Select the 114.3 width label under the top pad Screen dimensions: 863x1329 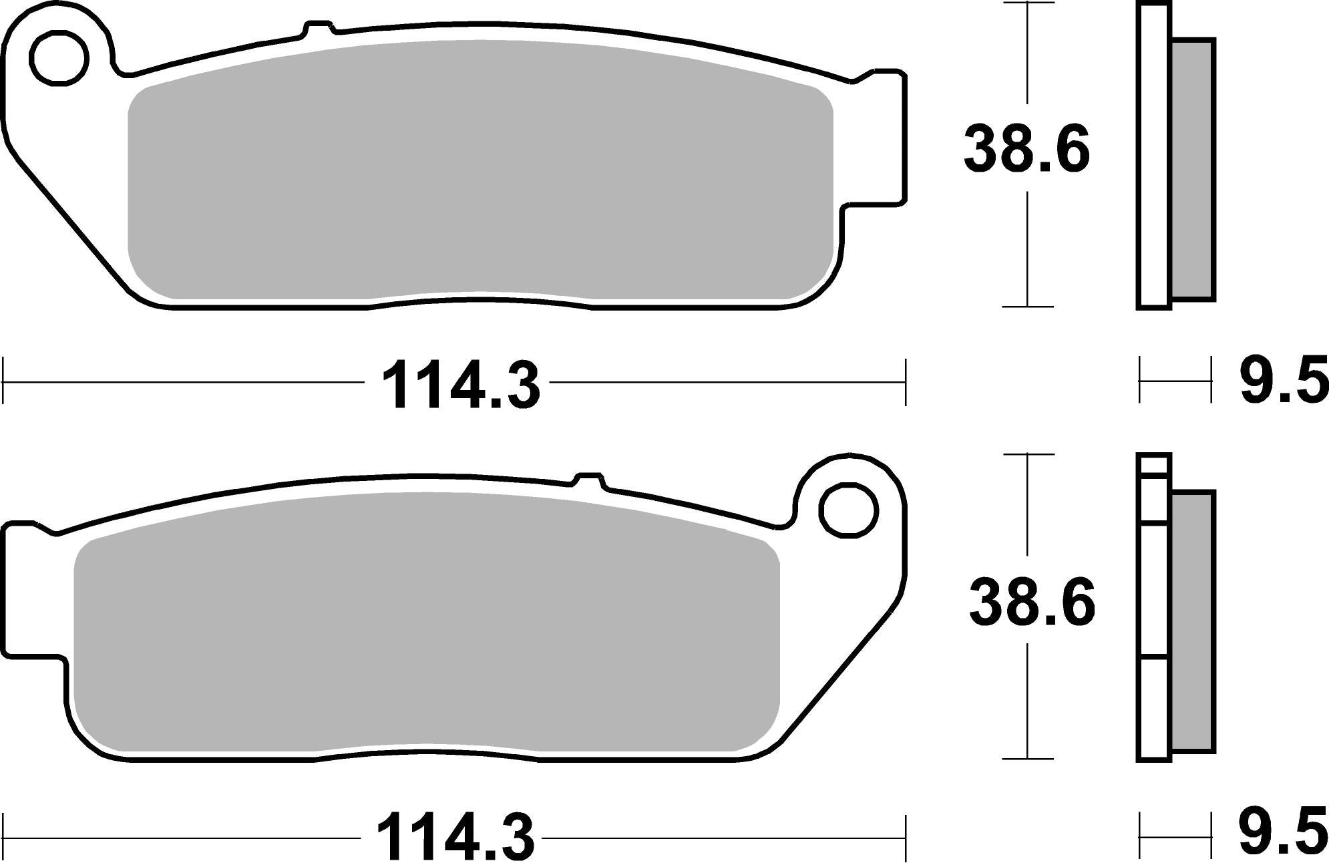[460, 385]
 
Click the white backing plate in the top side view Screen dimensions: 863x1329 [1153, 157]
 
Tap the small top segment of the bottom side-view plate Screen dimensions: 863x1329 [1154, 464]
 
